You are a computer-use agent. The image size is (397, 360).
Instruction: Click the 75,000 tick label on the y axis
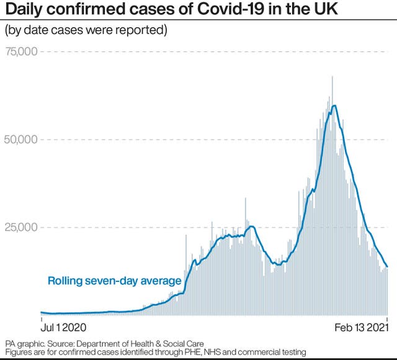pyautogui.click(x=21, y=51)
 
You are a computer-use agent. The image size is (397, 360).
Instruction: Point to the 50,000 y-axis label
pyautogui.click(x=21, y=139)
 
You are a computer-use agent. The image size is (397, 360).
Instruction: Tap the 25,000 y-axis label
pyautogui.click(x=21, y=227)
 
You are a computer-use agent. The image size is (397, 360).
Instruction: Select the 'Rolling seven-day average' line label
pyautogui.click(x=114, y=281)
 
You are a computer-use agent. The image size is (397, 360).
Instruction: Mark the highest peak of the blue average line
pyautogui.click(x=334, y=105)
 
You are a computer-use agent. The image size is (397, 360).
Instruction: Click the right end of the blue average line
pyautogui.click(x=388, y=267)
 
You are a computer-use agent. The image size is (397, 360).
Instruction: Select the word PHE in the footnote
pyautogui.click(x=185, y=352)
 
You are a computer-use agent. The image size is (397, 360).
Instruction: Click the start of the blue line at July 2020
pyautogui.click(x=41, y=312)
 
